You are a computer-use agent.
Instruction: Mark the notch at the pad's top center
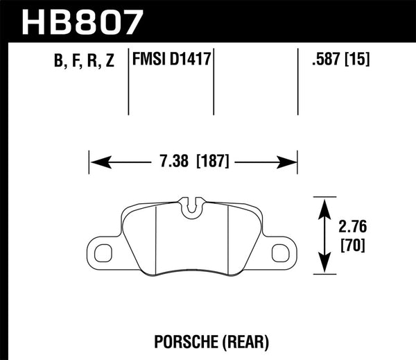(x=193, y=205)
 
